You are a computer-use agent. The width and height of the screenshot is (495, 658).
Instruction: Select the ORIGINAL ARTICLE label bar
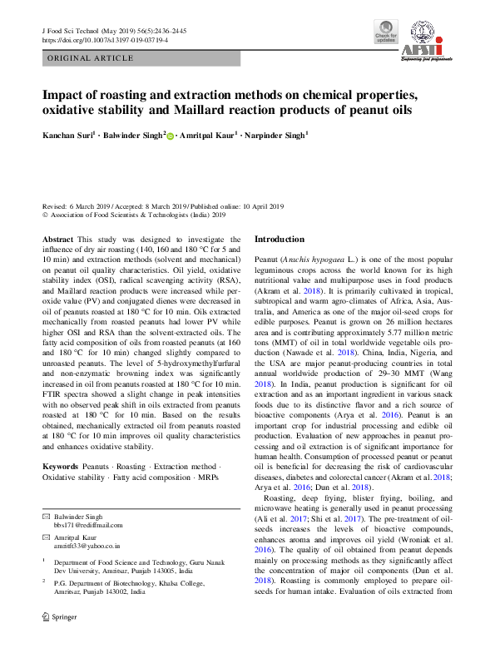[91, 58]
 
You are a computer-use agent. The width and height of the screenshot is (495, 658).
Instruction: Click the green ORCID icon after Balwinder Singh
[171, 136]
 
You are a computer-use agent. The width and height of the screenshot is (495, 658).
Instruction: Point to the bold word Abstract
[57, 240]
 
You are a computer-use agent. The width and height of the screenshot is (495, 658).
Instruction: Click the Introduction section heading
[279, 240]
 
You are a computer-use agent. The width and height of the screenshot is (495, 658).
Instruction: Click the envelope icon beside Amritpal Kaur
[47, 538]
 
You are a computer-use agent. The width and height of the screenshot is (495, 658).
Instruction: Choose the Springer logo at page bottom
[60, 640]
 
